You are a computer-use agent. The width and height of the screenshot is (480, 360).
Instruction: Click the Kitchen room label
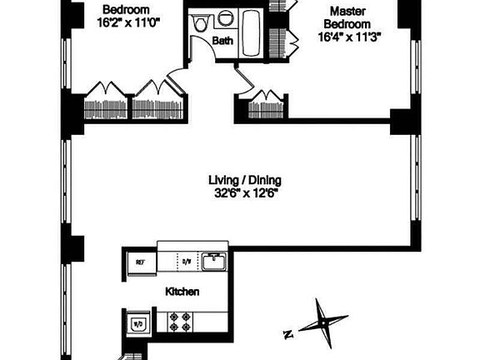pyautogui.click(x=182, y=292)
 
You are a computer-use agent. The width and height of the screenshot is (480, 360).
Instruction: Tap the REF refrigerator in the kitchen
pyautogui.click(x=140, y=262)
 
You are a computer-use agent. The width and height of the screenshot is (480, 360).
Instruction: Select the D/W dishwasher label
pyautogui.click(x=186, y=262)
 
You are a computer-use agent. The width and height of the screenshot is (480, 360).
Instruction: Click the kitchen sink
pyautogui.click(x=213, y=261)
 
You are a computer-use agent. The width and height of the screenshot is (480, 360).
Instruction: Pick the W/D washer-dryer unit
pyautogui.click(x=137, y=323)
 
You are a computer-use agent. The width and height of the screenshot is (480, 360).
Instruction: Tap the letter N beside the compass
pyautogui.click(x=288, y=335)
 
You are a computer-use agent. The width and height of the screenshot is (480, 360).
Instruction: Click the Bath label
pyautogui.click(x=222, y=40)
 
